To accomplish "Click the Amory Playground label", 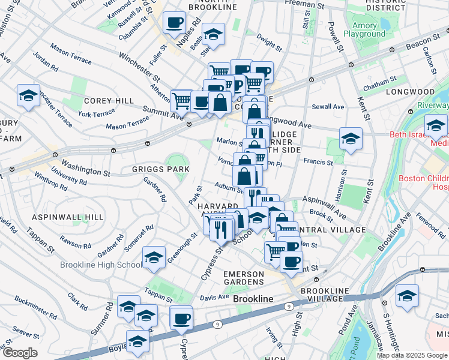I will point(364,29).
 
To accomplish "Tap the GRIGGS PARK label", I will point(161,170).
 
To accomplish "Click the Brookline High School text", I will point(100,265).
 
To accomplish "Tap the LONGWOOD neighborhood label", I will point(410,92).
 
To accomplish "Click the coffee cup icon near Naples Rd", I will point(175,23).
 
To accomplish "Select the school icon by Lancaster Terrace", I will point(28,97).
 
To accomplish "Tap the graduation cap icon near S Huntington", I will point(408,296).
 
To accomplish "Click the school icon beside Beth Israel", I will point(435,126).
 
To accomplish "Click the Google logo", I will point(20,352).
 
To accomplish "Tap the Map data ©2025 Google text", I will point(412,355).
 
